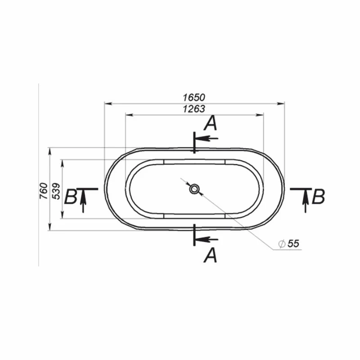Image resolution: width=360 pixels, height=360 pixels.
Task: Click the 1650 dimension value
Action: click(x=194, y=98)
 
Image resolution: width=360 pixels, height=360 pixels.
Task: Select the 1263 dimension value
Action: click(x=194, y=109)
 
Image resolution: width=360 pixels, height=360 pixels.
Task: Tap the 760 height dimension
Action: click(x=43, y=191)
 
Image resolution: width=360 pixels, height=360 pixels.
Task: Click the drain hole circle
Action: click(x=194, y=189)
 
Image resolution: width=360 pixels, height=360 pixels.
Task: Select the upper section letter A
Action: click(x=211, y=123)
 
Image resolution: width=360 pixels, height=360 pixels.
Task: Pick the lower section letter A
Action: click(x=210, y=255)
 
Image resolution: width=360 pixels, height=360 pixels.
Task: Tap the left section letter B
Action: click(x=70, y=197)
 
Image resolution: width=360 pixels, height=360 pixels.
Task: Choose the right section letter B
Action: click(x=319, y=197)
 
